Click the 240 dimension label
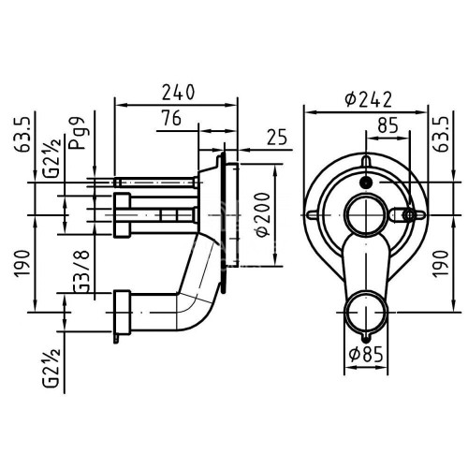pyautogui.click(x=178, y=92)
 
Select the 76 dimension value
pyautogui.click(x=171, y=118)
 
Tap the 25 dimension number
pyautogui.click(x=277, y=137)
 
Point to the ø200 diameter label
pyautogui.click(x=262, y=215)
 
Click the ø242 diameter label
pyautogui.click(x=368, y=100)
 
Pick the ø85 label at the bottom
pyautogui.click(x=366, y=355)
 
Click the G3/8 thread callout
pyautogui.click(x=81, y=271)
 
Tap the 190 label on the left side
pyautogui.click(x=22, y=263)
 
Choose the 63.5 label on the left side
pyautogui.click(x=22, y=135)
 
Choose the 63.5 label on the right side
pyautogui.click(x=443, y=135)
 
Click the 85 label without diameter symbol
pyautogui.click(x=388, y=125)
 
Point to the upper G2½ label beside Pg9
pyautogui.click(x=51, y=157)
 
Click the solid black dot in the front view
pyautogui.click(x=365, y=183)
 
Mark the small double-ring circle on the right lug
pyautogui.click(x=409, y=214)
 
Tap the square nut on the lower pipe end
pyautogui.click(x=122, y=312)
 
